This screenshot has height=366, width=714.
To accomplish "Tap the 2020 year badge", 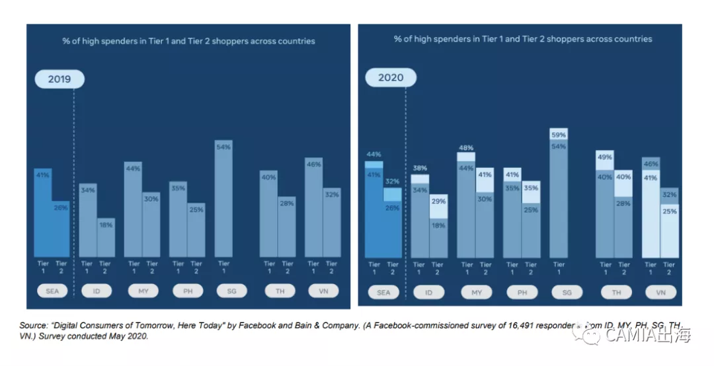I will (390, 78).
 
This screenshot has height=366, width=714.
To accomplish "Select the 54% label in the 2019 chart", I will (223, 147).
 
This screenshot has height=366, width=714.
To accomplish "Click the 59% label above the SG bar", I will (559, 135).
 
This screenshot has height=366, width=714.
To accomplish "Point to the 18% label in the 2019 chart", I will (106, 225).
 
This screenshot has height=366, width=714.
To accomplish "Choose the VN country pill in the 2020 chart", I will (659, 293).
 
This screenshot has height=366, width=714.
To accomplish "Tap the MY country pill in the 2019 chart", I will (142, 291).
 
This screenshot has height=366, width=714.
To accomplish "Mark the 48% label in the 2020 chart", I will (466, 147).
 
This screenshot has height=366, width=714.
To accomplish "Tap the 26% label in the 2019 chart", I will (60, 208).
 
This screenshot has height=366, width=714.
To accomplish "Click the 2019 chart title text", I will (188, 41).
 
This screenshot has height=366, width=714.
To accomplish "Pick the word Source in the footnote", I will (32, 326).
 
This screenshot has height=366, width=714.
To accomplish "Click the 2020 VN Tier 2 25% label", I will (669, 212).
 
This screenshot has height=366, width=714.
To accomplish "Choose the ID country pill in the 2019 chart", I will (97, 291).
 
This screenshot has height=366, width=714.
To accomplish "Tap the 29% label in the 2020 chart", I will (438, 201).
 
